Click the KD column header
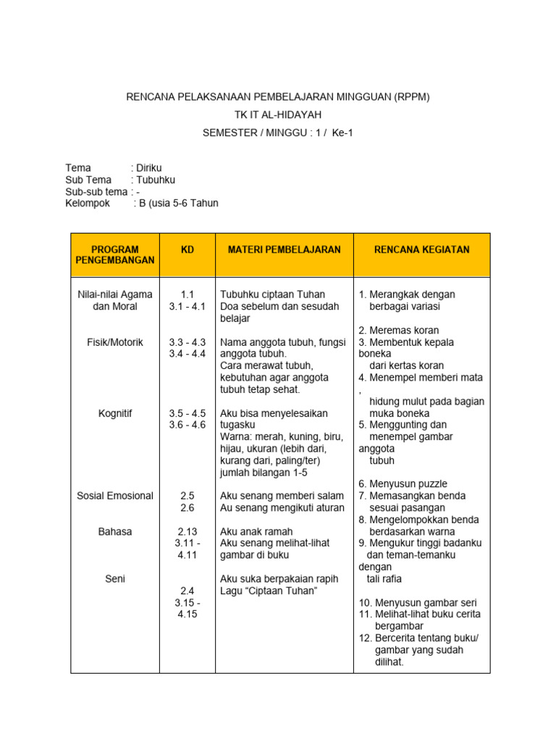click(x=188, y=250)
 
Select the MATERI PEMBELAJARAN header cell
click(x=284, y=250)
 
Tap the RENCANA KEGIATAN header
click(x=421, y=250)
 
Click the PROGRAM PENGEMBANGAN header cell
click(x=115, y=255)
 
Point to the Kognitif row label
click(x=115, y=413)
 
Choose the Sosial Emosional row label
click(x=115, y=496)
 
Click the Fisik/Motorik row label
click(x=115, y=342)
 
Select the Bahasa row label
click(x=115, y=531)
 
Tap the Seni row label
click(x=115, y=578)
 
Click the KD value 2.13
click(x=188, y=531)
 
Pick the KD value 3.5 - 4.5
click(x=188, y=413)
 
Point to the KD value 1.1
click(x=188, y=295)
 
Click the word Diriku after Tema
click(x=149, y=168)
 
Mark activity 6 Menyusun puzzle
click(x=403, y=483)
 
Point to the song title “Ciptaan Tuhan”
click(x=287, y=590)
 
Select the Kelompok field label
click(x=88, y=203)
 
